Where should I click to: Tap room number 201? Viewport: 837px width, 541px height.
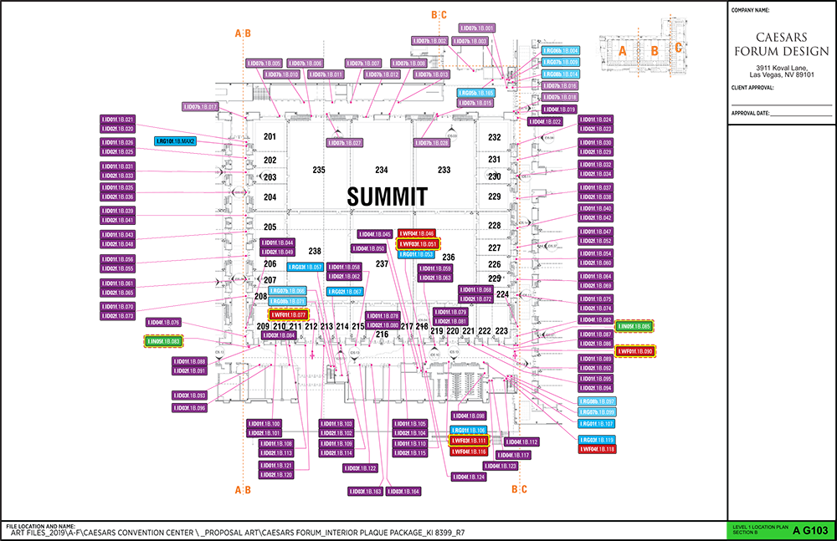270,136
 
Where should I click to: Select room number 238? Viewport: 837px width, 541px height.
315,251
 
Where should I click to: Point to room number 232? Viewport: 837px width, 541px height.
495,137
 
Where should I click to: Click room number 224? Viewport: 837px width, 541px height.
502,294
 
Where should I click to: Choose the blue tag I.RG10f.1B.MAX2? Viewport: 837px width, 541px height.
176,141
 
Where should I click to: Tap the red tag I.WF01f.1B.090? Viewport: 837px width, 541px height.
635,352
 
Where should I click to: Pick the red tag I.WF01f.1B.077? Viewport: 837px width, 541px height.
285,314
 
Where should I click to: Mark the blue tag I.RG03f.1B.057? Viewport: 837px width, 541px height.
306,268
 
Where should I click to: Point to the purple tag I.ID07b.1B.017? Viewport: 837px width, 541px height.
201,107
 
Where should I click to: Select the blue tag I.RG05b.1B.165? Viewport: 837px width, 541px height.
476,93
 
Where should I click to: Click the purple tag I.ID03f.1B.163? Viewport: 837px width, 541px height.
366,492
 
